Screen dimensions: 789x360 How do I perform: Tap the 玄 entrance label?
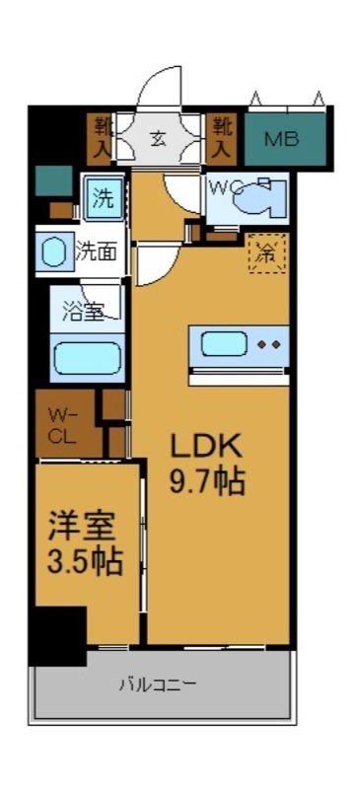pos(159,138)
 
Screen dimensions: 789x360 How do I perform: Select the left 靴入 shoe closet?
pos(103,137)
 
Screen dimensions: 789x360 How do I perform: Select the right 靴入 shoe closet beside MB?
pos(222,137)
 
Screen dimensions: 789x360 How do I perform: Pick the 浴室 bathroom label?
pos(85,312)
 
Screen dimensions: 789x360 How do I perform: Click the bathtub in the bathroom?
pos(87,357)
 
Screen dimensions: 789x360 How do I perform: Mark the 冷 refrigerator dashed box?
pos(265,252)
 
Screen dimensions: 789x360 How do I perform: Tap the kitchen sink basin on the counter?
pos(225,345)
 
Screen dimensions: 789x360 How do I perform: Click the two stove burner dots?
pos(269,345)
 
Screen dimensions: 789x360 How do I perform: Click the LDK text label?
pos(206,446)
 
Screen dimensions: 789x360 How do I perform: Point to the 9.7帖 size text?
pos(206,482)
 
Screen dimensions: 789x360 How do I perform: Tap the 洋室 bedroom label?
pos(86,525)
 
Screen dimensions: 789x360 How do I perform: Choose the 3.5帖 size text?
pos(86,561)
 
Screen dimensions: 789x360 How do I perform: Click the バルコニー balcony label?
pos(159,683)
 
